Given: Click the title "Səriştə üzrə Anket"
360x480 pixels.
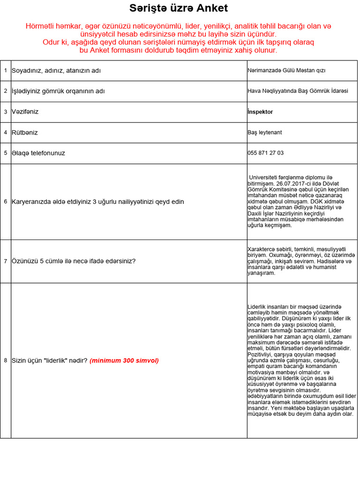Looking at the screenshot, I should point(179,8).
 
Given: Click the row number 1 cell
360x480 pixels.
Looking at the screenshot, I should point(6,71).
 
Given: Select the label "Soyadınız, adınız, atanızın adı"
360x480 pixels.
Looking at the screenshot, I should point(56,71).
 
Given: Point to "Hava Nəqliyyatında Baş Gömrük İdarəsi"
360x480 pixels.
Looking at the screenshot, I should point(298,91).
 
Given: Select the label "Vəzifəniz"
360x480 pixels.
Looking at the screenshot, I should point(25,112).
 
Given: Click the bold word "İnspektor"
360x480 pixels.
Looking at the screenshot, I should point(260,112).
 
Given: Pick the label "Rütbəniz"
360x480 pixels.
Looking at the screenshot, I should point(25,133).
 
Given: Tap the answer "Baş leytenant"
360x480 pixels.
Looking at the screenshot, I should point(265,133).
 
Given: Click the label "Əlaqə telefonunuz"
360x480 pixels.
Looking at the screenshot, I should point(38,153).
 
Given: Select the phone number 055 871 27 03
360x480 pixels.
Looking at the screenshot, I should point(265,153).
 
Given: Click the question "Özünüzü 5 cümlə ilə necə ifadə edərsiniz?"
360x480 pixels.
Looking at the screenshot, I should point(74,261).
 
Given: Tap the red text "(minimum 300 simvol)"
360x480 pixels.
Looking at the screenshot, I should point(124,360).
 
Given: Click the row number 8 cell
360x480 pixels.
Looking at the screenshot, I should point(6,360).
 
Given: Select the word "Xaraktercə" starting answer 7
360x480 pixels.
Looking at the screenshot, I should point(260,249).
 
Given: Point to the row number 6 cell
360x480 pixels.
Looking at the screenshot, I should point(6,202).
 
